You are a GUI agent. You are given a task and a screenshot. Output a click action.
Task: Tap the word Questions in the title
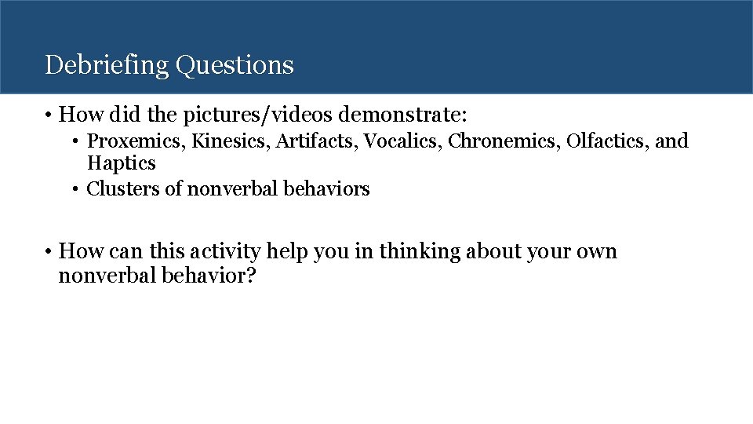pos(235,65)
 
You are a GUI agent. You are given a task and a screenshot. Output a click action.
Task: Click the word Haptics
pos(121,163)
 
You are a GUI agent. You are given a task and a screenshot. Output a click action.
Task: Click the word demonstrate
pos(402,116)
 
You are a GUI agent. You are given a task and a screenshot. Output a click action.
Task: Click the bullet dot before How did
pos(49,116)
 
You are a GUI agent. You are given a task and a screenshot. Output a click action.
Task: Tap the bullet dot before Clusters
pos(77,189)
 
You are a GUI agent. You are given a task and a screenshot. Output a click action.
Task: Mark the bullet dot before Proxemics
pos(77,142)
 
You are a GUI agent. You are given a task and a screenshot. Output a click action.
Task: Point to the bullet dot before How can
pos(49,252)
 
